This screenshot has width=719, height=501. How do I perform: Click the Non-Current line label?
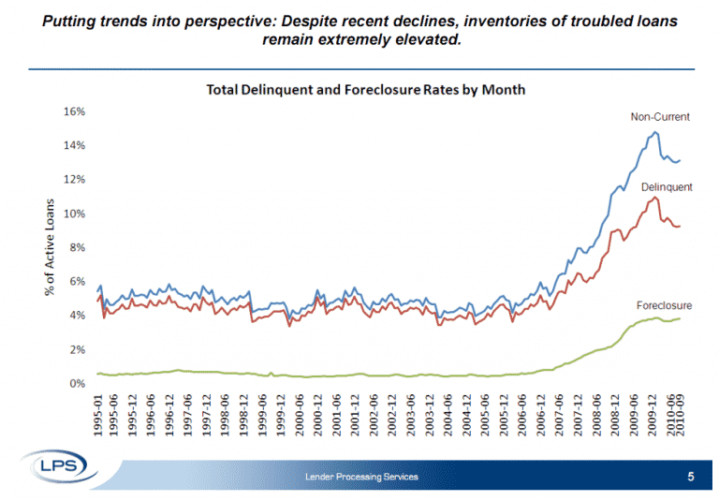(x=660, y=117)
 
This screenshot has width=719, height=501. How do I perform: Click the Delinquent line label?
(x=667, y=187)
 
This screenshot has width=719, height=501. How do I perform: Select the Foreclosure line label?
(x=664, y=305)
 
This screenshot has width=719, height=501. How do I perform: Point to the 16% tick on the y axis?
(x=74, y=111)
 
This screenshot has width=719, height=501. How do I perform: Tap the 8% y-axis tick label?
(x=77, y=247)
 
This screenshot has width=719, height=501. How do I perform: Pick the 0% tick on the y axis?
(x=77, y=383)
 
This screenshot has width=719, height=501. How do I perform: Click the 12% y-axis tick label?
(x=74, y=179)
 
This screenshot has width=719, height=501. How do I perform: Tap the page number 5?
(x=691, y=478)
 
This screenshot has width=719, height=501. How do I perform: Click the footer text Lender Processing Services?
(x=361, y=479)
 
